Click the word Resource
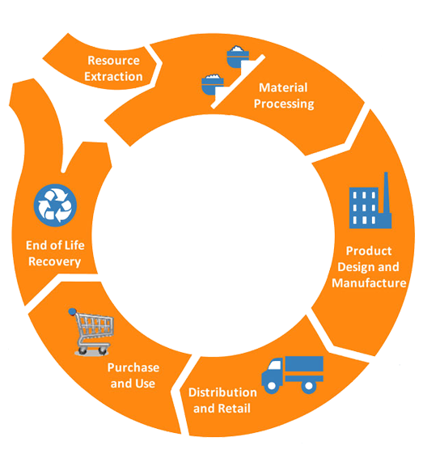(113, 61)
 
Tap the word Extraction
(113, 77)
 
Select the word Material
(283, 87)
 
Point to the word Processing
(284, 104)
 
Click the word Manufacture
(369, 283)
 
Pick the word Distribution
(222, 392)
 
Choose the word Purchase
(133, 367)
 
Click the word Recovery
(54, 261)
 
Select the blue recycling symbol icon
(55, 206)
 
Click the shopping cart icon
(91, 332)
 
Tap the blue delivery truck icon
(293, 375)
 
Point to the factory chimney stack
(386, 197)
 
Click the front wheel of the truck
(272, 386)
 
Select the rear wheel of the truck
(308, 386)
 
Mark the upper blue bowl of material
(238, 57)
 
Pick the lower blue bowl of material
(213, 84)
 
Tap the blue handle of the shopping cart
(72, 312)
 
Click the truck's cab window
(275, 365)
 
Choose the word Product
(369, 251)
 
